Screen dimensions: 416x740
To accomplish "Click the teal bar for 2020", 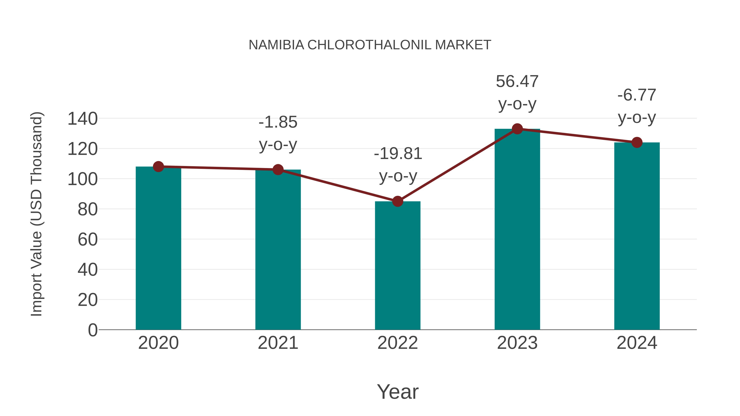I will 158,248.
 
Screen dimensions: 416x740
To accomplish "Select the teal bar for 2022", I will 398,266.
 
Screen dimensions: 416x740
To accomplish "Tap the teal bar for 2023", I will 517,230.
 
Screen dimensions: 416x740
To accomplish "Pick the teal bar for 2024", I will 637,236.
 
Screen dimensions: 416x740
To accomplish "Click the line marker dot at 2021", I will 278,170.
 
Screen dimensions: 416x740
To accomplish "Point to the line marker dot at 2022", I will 398,202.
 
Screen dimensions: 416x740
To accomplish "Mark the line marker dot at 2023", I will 517,129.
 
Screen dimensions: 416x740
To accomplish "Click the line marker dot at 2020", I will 158,167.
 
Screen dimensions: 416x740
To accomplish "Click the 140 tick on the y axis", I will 82,119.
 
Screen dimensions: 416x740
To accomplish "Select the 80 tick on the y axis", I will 87,210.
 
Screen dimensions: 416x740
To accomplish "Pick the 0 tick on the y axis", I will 92,330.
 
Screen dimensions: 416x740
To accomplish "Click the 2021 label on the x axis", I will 278,343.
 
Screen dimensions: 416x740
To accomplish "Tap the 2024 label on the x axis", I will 637,343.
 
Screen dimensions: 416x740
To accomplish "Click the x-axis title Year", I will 398,392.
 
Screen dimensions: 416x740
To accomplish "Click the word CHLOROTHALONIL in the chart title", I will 369,45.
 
